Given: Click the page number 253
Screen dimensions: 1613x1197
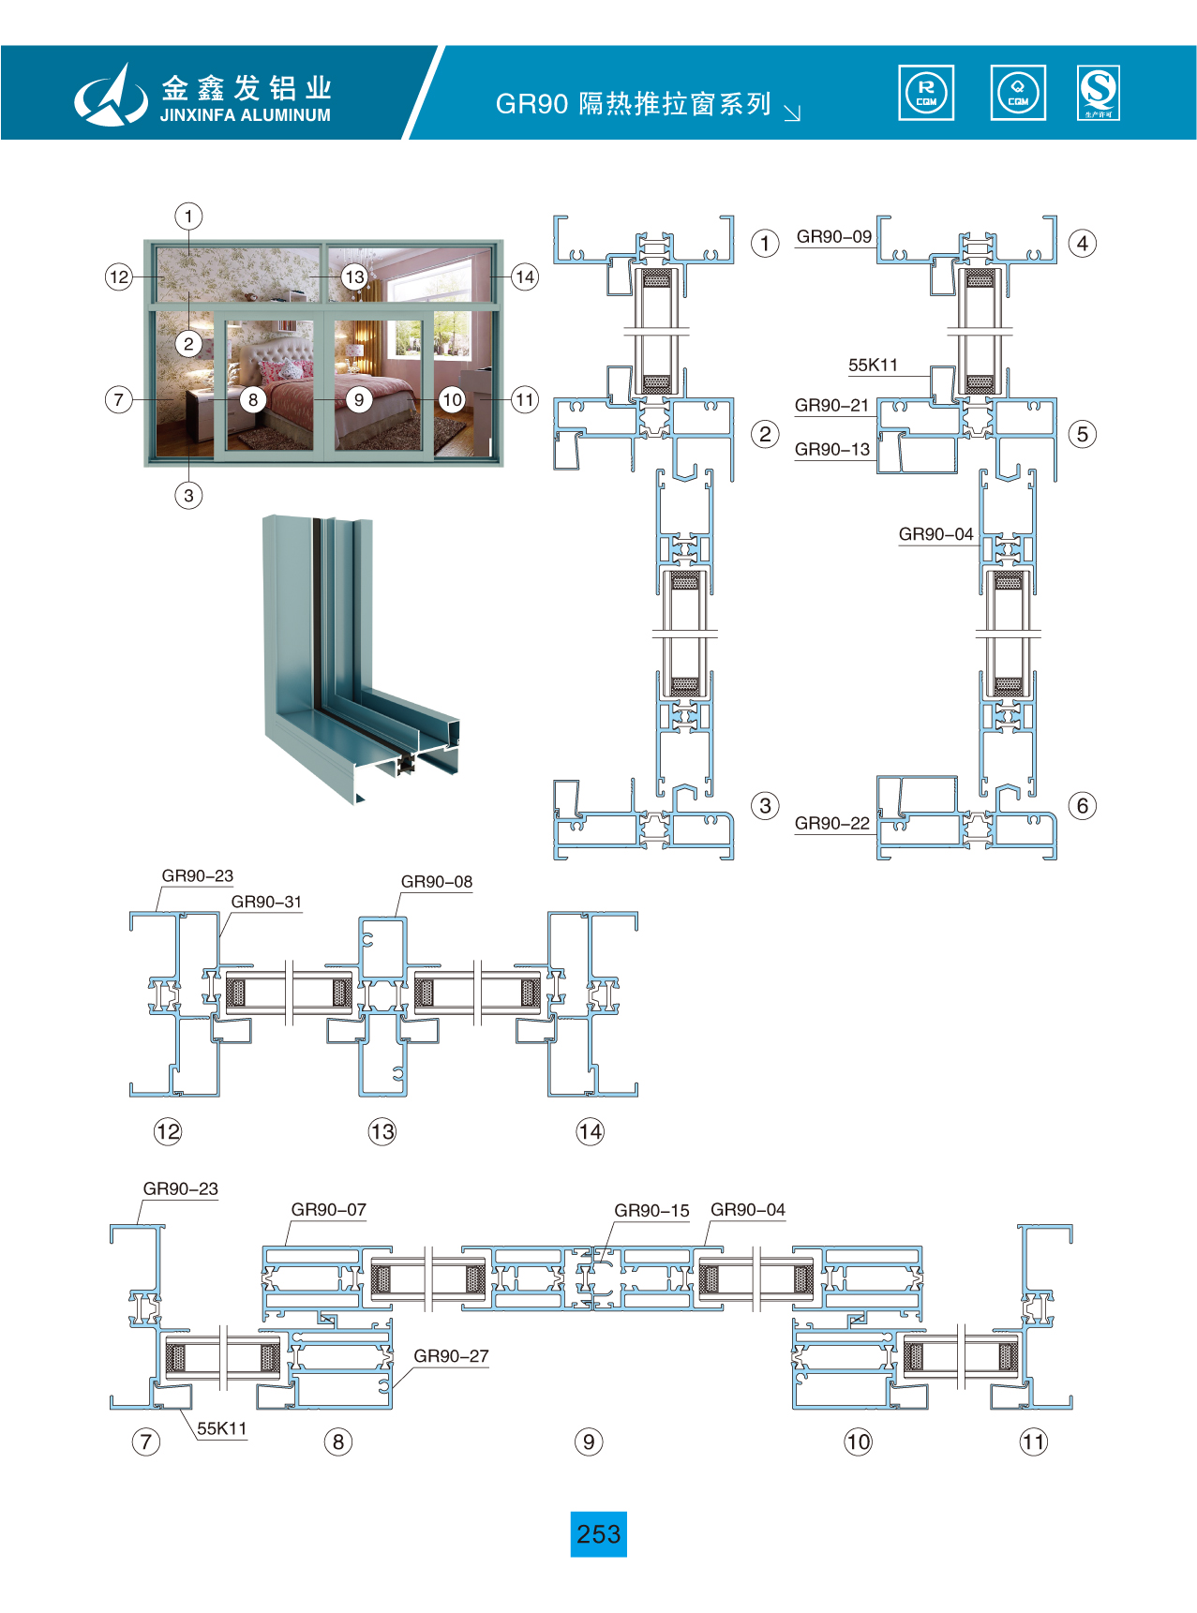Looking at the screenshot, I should [598, 1534].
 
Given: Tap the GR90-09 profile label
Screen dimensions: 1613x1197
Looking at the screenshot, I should [833, 237].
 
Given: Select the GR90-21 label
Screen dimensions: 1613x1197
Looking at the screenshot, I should [831, 406].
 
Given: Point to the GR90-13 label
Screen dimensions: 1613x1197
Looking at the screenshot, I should [831, 450].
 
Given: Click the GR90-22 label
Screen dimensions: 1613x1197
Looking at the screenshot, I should [831, 824].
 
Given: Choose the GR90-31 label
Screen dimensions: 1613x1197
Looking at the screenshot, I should [266, 903].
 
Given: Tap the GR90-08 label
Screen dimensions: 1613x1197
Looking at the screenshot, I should [436, 882].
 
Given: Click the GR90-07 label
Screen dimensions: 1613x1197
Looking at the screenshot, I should [328, 1210].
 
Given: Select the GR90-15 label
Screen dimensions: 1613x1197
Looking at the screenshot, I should [651, 1211].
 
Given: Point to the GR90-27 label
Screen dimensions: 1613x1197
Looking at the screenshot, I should [451, 1356].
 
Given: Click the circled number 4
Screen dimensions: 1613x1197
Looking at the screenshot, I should [1083, 244].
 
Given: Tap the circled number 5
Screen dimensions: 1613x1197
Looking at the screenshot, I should [1083, 435].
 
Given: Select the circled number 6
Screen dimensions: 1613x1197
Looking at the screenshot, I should [1083, 806].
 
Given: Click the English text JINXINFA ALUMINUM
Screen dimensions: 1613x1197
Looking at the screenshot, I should [245, 115].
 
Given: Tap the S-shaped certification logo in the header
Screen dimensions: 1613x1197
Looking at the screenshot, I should [1098, 93].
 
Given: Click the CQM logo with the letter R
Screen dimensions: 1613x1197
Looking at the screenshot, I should [926, 93].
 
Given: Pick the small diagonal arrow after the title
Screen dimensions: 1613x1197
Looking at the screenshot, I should [792, 113].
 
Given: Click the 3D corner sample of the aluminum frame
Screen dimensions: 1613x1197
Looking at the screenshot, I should [361, 656].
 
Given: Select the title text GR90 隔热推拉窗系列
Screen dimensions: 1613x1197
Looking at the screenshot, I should [633, 104].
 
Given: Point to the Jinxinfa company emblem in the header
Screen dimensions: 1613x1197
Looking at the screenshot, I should [111, 96].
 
